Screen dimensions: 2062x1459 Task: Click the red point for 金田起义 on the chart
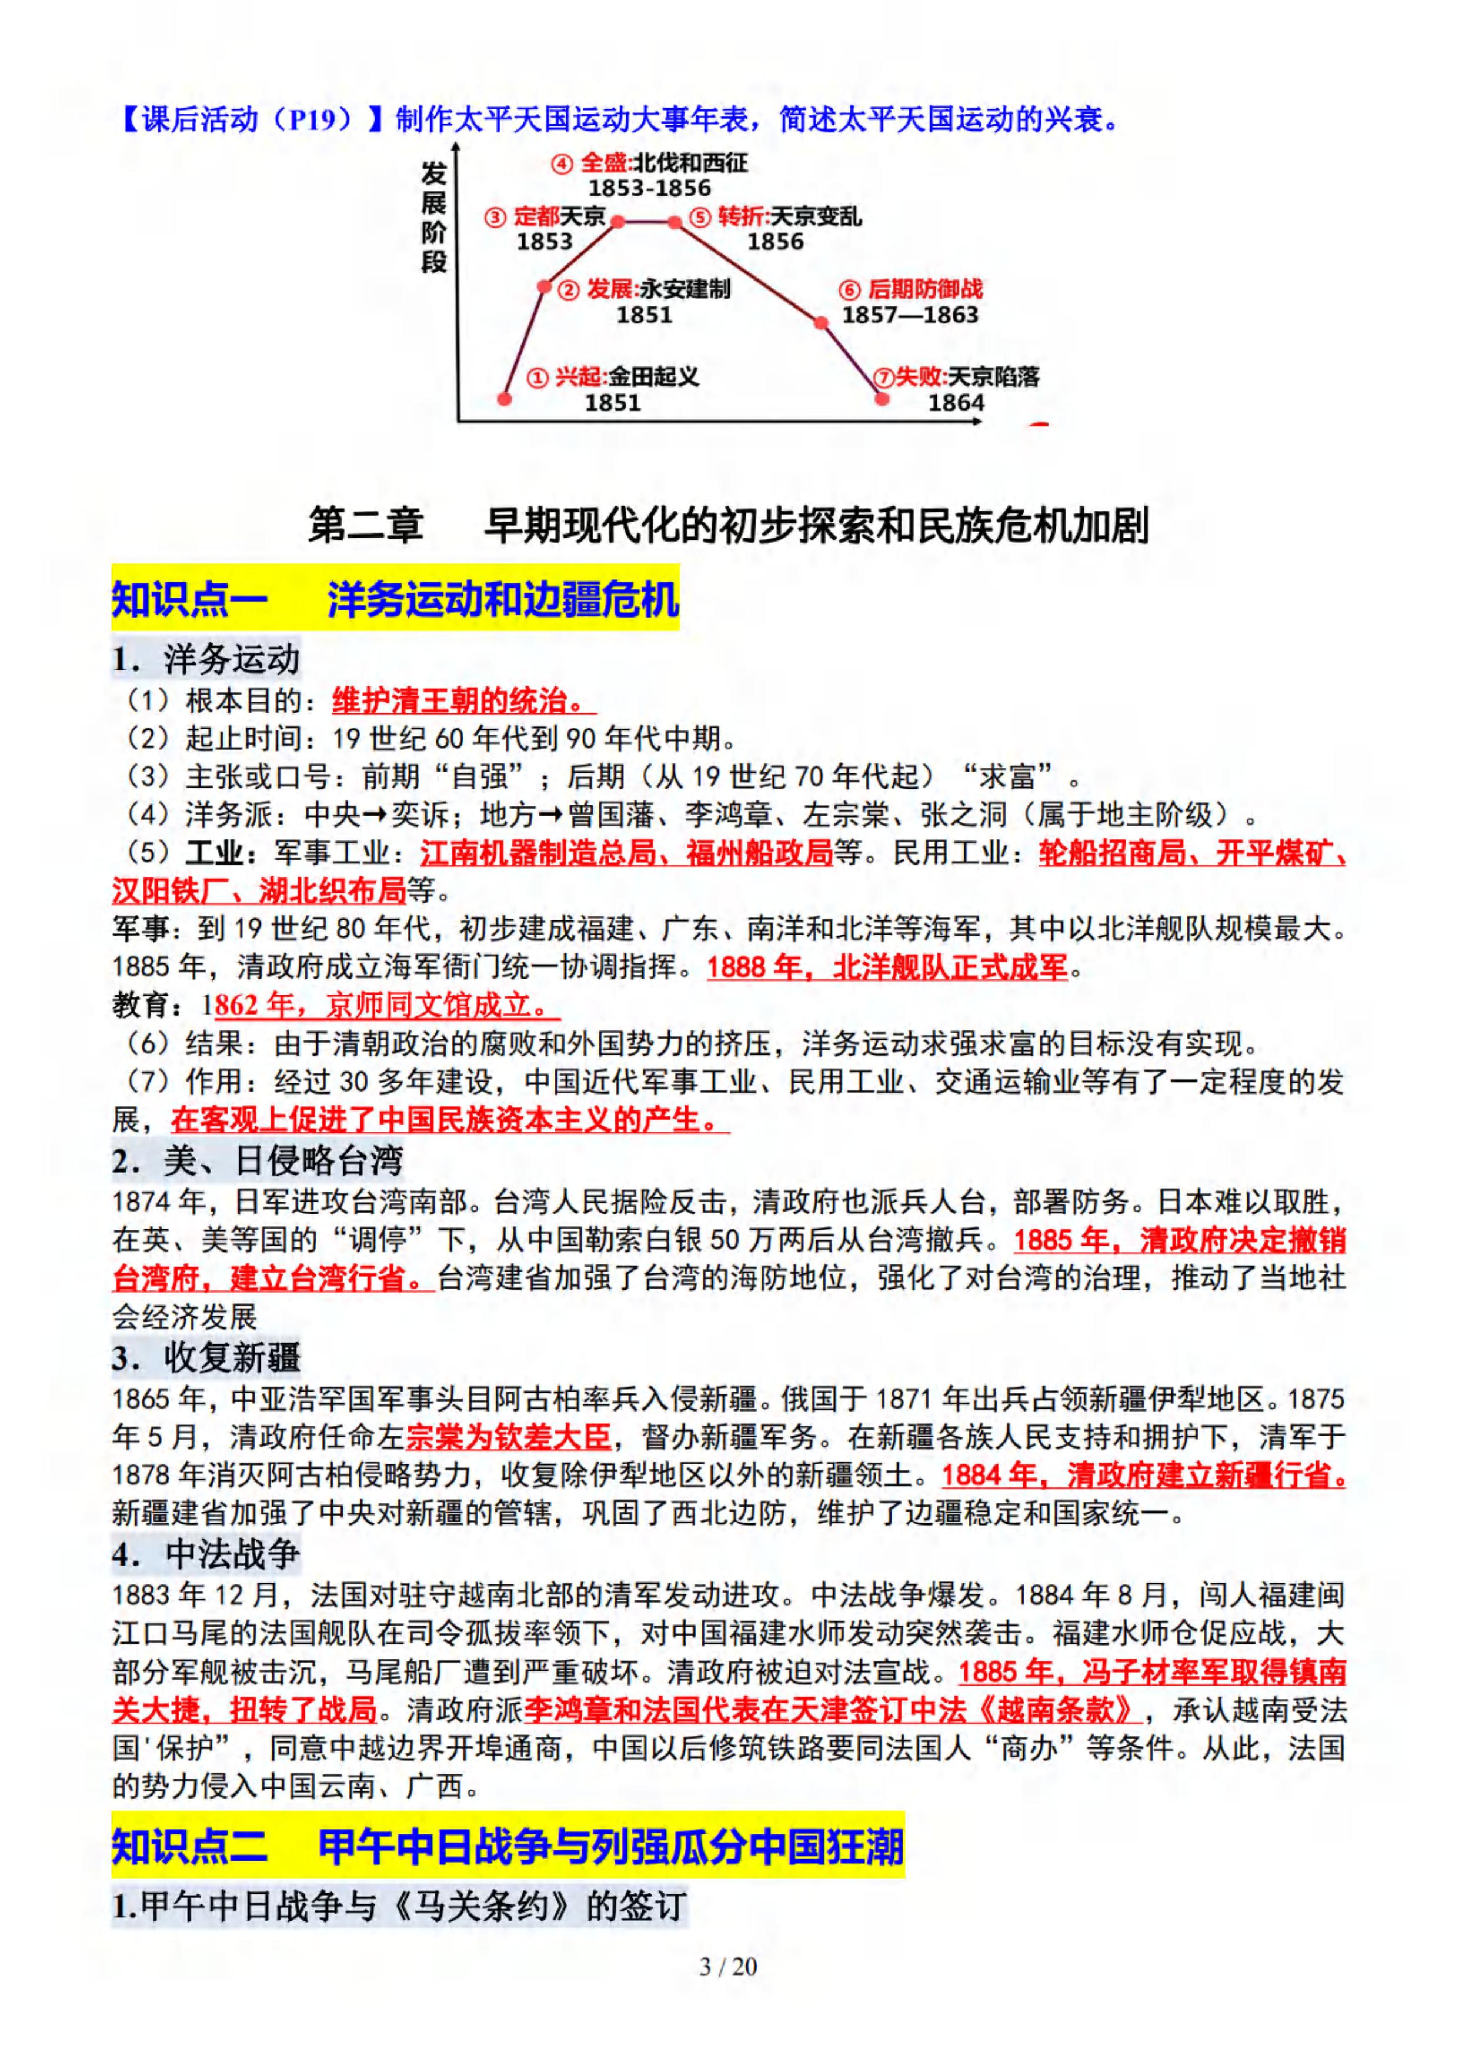click(505, 398)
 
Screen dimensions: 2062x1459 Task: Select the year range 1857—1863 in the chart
click(909, 315)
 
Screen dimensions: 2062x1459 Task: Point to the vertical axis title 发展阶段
click(434, 218)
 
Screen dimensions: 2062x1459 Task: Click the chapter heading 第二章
click(366, 526)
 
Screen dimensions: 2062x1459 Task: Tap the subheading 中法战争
click(232, 1553)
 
